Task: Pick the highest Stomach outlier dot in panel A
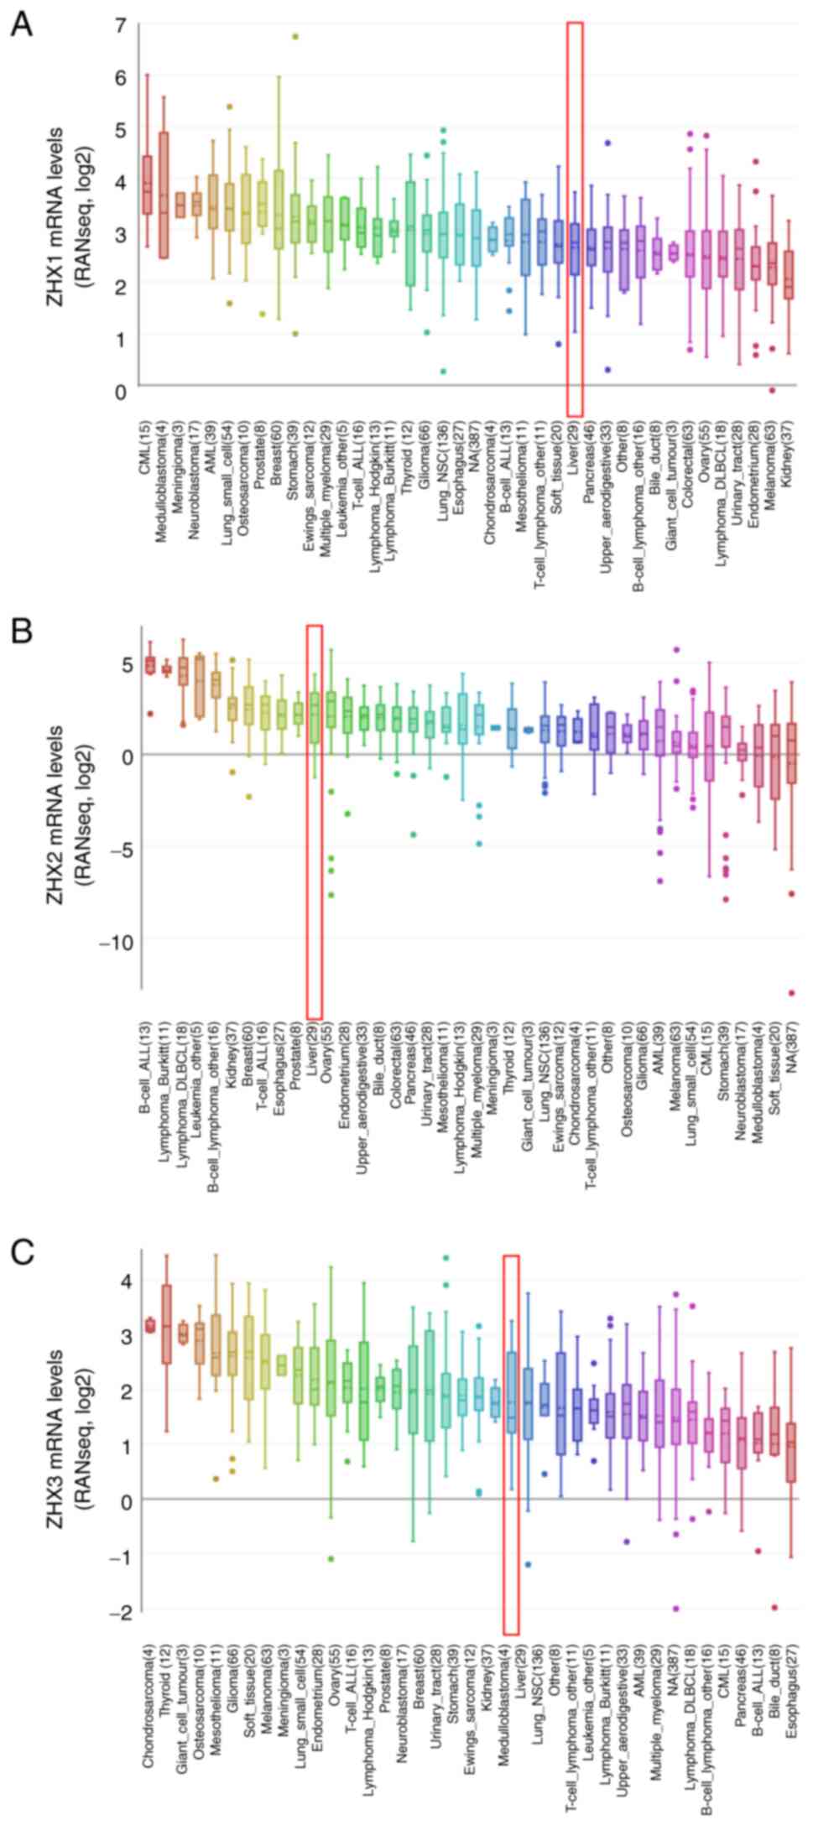coord(295,36)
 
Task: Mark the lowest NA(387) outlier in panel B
coord(791,993)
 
